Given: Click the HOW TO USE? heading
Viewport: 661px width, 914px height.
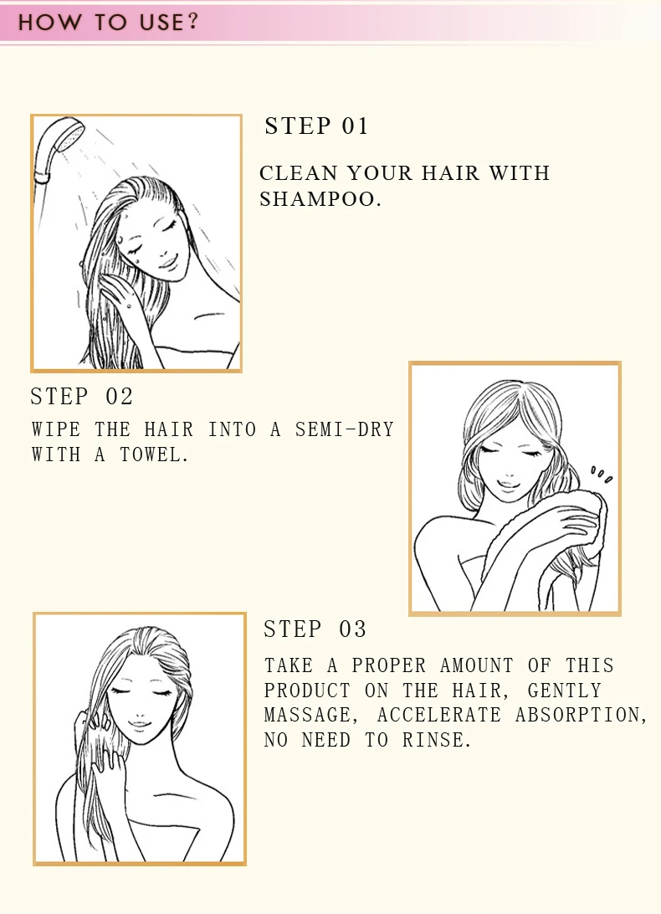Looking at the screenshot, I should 109,22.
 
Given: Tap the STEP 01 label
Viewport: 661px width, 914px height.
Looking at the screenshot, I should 316,126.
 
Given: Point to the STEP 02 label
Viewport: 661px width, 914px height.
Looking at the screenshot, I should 82,397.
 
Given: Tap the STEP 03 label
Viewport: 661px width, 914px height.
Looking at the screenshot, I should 315,629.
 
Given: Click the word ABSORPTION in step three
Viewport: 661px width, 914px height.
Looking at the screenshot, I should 582,716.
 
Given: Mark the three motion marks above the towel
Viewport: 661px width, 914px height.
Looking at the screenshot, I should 602,475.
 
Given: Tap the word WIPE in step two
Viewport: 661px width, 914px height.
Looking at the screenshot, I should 56,430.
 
